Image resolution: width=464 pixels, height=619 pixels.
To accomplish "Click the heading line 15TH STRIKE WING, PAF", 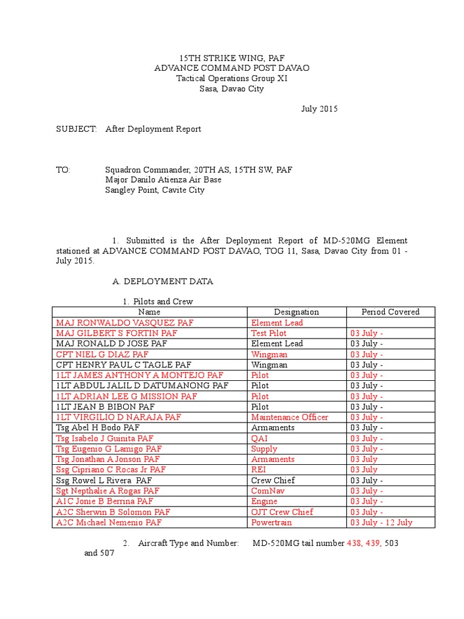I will (232, 57).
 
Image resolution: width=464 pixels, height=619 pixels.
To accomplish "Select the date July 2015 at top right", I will (320, 109).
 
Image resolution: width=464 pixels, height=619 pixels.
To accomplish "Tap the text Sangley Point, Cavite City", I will (155, 190).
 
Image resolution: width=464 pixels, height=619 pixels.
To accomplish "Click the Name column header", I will (149, 312).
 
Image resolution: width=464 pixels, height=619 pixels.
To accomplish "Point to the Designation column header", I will (296, 312).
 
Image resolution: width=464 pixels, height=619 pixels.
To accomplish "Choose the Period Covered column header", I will (390, 312).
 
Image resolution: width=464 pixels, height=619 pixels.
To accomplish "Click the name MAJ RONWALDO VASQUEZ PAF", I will (124, 323).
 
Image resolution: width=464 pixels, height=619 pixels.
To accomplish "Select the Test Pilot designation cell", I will (269, 333).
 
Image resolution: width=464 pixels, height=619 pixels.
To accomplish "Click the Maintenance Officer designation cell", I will (289, 417).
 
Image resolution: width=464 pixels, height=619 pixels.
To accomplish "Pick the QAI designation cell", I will (259, 438).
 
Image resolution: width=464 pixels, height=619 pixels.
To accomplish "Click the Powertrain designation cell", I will (271, 522).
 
